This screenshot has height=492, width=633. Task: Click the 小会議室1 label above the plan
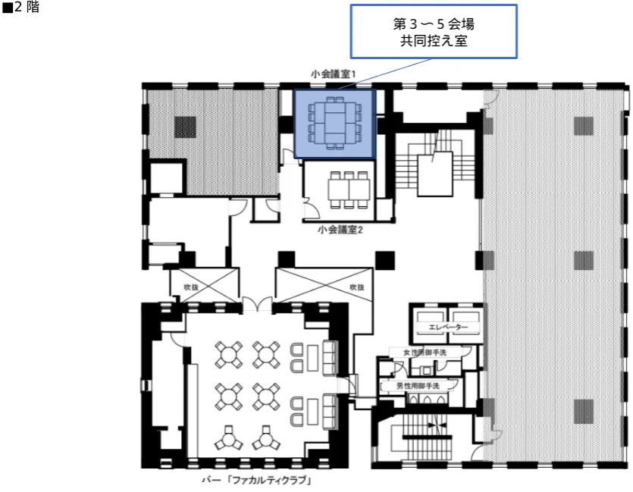pos(333,74)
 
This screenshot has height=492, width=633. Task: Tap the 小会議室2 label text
pos(340,230)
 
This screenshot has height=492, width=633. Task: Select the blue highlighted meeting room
pos(334,124)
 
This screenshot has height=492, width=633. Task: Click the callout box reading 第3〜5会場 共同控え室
pos(434,32)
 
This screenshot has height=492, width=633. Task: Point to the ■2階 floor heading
pos(20,8)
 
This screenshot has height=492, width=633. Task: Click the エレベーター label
pos(448,327)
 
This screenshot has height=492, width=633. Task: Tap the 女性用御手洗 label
pos(425,353)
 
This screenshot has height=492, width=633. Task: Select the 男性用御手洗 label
pos(418,386)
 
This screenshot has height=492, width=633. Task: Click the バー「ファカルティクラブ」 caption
pos(258,481)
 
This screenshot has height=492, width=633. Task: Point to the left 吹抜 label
pos(191,287)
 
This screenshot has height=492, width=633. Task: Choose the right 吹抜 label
pos(357,287)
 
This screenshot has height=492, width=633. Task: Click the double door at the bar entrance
pos(257,304)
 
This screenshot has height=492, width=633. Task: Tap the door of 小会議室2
pos(312,206)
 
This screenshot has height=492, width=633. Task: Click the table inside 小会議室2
pos(349,189)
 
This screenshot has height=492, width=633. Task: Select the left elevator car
pos(431,321)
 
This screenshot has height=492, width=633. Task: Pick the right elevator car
pos(463,321)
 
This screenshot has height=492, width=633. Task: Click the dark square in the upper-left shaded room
pos(185,127)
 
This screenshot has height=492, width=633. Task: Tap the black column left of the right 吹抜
pos(287,260)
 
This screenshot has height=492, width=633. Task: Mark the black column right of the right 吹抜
pos(384,260)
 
